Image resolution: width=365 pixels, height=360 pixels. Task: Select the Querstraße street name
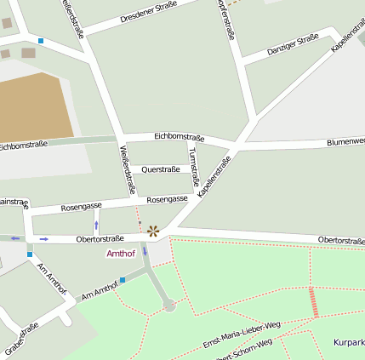coord(160,169)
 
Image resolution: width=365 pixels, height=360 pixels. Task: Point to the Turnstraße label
coord(193,166)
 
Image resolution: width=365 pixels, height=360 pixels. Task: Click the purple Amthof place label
coord(120,254)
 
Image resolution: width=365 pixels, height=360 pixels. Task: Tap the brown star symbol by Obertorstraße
coord(153,231)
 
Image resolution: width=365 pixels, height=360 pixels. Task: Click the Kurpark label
coord(349,342)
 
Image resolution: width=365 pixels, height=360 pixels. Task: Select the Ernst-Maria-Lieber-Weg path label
coord(241,334)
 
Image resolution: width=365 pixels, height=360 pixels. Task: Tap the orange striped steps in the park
coord(314,301)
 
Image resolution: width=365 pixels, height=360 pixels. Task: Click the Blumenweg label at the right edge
coord(345,141)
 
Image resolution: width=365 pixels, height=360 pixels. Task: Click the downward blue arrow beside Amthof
coord(145,251)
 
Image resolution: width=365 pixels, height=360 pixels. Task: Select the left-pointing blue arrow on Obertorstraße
coord(15,238)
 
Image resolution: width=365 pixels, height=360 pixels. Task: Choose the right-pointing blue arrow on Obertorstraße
coord(43,239)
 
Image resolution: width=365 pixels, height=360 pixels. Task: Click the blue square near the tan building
coord(40,41)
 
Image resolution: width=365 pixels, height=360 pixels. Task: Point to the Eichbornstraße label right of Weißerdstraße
coord(179,136)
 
